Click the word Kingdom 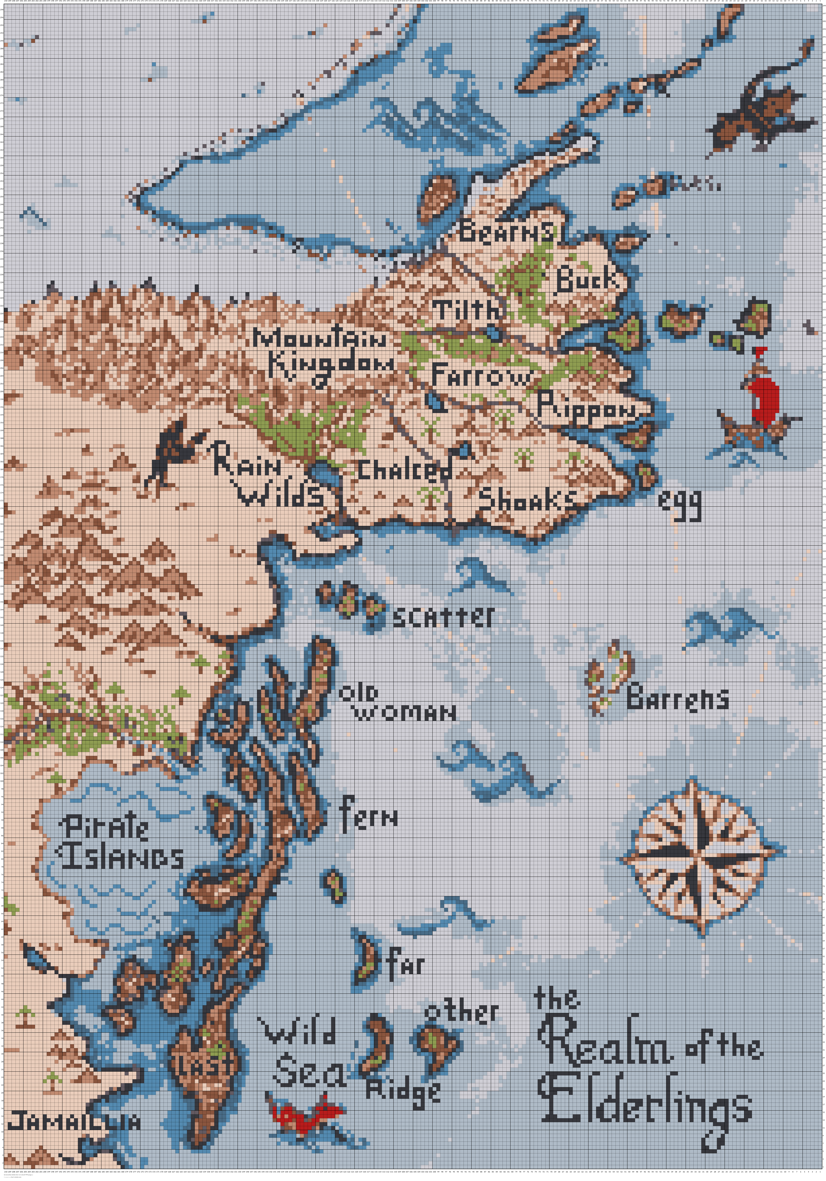pyautogui.click(x=332, y=366)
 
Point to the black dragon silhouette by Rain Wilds pyautogui.click(x=172, y=453)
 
